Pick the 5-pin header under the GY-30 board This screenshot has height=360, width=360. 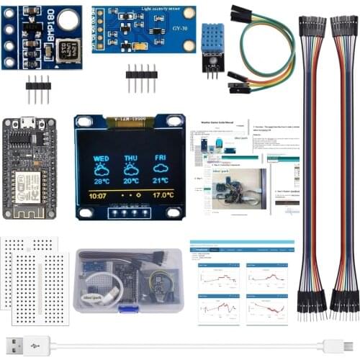(141, 77)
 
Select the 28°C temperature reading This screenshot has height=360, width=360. (101, 181)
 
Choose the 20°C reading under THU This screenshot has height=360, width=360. (130, 181)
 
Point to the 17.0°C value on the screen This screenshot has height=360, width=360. (163, 195)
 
